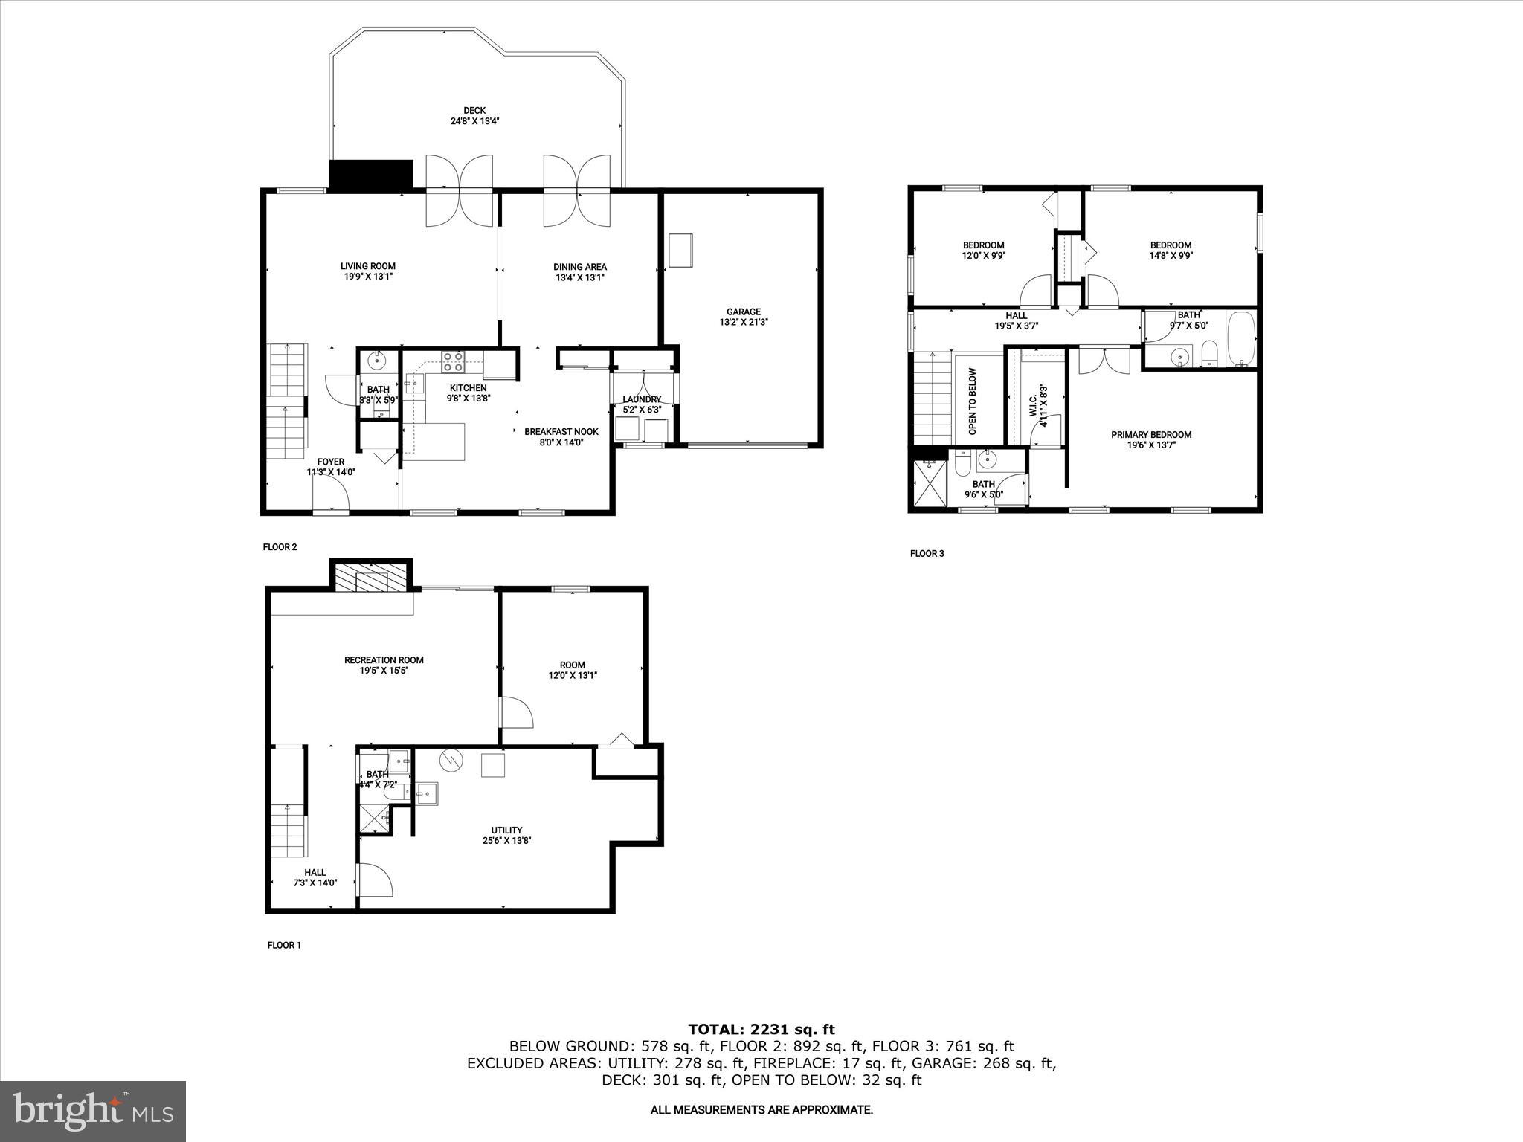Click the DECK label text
(474, 111)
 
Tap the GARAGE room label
(743, 312)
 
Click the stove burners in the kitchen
(453, 362)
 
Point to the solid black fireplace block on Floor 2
(370, 175)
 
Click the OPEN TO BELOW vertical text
(972, 401)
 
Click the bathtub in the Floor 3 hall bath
(1241, 340)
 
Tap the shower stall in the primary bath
(928, 483)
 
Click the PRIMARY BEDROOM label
(1151, 435)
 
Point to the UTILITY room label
(506, 830)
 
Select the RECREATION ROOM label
(384, 659)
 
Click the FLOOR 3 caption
(927, 553)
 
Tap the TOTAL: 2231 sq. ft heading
(761, 1030)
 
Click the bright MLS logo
(93, 1111)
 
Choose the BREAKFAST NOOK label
(561, 432)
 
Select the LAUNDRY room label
(642, 399)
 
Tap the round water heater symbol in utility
(451, 761)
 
